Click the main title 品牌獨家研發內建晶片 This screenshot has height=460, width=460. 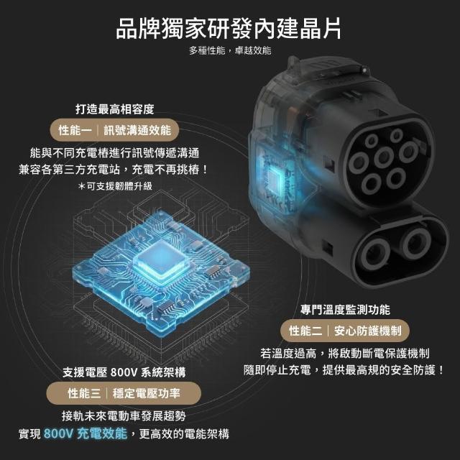pyautogui.click(x=229, y=29)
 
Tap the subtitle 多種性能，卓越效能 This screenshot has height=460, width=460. pyautogui.click(x=230, y=50)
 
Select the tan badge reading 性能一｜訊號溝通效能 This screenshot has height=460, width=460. pyautogui.click(x=115, y=130)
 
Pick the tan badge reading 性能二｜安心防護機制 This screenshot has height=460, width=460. pyautogui.click(x=345, y=331)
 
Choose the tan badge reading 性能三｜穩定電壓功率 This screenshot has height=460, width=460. pyautogui.click(x=124, y=393)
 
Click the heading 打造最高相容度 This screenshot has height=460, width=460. pyautogui.click(x=115, y=109)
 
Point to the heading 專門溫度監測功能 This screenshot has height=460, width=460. pyautogui.click(x=345, y=310)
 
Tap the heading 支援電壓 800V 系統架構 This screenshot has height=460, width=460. pyautogui.click(x=124, y=372)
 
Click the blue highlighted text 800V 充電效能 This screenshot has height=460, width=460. pyautogui.click(x=86, y=433)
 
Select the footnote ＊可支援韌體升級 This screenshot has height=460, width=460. pyautogui.click(x=115, y=186)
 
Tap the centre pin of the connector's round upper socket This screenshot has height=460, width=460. pyautogui.click(x=384, y=157)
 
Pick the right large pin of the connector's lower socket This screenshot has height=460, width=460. pyautogui.click(x=416, y=243)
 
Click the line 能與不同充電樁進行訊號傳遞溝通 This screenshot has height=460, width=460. pyautogui.click(x=115, y=152)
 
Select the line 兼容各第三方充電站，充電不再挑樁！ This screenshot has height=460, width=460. pyautogui.click(x=114, y=170)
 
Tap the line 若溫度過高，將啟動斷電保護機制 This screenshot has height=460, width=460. pyautogui.click(x=345, y=353)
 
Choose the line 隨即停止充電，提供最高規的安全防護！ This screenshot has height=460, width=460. pyautogui.click(x=344, y=370)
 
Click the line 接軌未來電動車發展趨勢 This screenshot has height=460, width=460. pyautogui.click(x=124, y=416)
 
